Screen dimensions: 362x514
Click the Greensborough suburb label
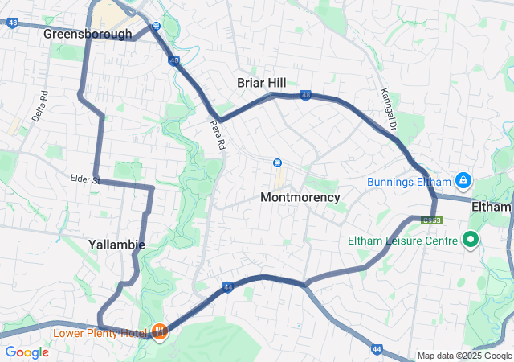point(88,34)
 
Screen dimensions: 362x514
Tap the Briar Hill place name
point(262,82)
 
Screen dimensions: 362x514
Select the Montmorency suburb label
point(300,197)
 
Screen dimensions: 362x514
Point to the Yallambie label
point(116,244)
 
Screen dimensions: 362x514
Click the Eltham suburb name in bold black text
point(491,207)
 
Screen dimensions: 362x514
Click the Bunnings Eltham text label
point(409,182)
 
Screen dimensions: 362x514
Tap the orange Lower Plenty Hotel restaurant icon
point(159,331)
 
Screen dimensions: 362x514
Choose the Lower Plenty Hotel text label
point(100,332)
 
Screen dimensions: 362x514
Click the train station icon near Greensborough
point(156,25)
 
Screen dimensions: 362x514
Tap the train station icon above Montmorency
point(277,162)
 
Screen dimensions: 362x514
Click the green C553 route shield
point(432,219)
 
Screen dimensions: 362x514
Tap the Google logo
point(27,352)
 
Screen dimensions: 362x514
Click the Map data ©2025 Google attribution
point(464,356)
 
